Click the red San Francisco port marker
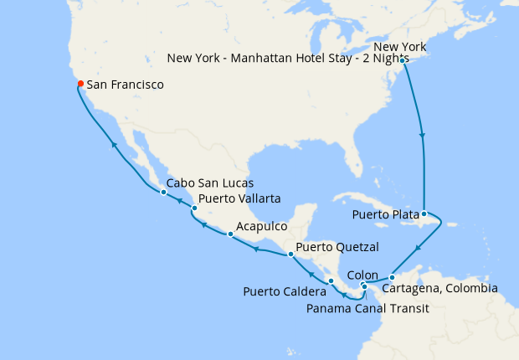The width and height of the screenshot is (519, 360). [80, 84]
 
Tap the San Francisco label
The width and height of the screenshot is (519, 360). [126, 85]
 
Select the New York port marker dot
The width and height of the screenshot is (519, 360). [403, 60]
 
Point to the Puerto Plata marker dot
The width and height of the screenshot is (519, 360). [424, 213]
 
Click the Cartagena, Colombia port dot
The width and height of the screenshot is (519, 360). [392, 277]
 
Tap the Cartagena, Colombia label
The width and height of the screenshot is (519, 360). [439, 289]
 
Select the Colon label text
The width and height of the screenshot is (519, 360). [362, 274]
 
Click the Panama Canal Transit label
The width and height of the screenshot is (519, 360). [367, 308]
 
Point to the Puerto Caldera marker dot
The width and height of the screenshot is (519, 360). [331, 280]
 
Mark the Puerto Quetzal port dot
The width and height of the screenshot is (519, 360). [290, 254]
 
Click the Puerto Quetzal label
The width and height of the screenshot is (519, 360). [337, 247]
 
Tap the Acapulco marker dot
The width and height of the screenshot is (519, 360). [230, 234]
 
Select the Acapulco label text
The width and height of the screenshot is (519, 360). [262, 226]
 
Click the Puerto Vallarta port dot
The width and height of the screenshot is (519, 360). [194, 208]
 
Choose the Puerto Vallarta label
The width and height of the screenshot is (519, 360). [239, 198]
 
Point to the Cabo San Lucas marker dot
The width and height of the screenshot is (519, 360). [163, 192]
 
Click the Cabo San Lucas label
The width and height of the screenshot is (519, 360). [210, 183]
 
